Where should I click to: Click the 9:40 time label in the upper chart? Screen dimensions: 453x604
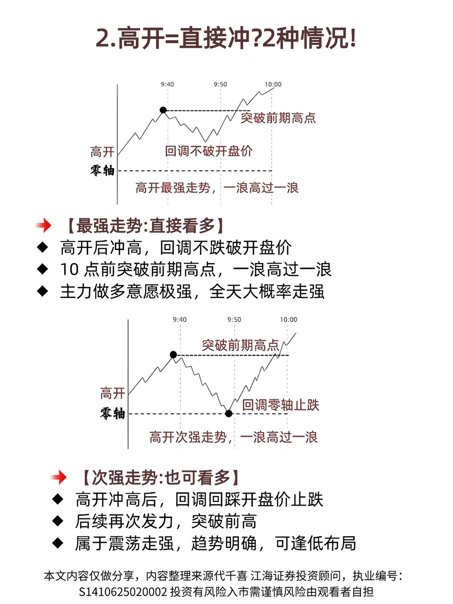pyautogui.click(x=167, y=84)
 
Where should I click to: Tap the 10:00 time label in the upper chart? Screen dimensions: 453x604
pyautogui.click(x=273, y=84)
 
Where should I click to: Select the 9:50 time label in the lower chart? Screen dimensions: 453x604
pyautogui.click(x=234, y=320)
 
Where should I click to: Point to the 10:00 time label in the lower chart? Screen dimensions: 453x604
pyautogui.click(x=289, y=320)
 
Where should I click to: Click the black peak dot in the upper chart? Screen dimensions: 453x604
pyautogui.click(x=163, y=110)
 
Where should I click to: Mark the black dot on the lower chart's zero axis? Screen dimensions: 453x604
pyautogui.click(x=229, y=414)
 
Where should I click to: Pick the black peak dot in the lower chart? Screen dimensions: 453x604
pyautogui.click(x=173, y=355)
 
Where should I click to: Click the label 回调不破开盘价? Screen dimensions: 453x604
pyautogui.click(x=208, y=151)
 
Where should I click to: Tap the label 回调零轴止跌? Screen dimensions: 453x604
pyautogui.click(x=281, y=405)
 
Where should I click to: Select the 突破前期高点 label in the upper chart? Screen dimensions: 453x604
pyautogui.click(x=278, y=118)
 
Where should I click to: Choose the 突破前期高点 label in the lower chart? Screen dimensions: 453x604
pyautogui.click(x=240, y=345)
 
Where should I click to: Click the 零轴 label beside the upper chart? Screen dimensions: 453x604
pyautogui.click(x=102, y=170)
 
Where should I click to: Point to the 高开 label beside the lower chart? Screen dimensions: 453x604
pyautogui.click(x=112, y=393)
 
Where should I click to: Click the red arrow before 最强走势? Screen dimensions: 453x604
pyautogui.click(x=44, y=226)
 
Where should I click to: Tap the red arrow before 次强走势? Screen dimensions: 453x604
pyautogui.click(x=59, y=477)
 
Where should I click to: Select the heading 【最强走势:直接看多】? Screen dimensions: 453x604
pyautogui.click(x=145, y=226)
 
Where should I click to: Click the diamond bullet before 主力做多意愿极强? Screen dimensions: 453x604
pyautogui.click(x=43, y=291)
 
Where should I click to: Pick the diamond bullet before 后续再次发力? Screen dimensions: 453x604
pyautogui.click(x=58, y=521)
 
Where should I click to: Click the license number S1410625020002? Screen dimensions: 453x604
pyautogui.click(x=123, y=592)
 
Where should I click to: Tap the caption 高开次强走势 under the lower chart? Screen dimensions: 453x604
pyautogui.click(x=188, y=437)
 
